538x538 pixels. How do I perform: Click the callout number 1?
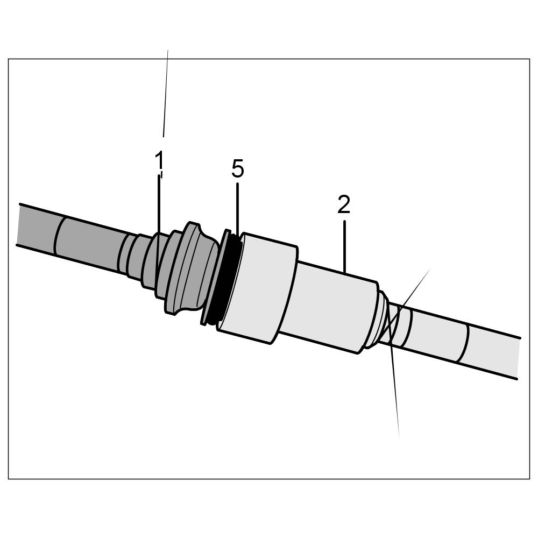(159, 160)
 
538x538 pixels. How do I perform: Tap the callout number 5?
(237, 169)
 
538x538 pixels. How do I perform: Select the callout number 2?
(344, 204)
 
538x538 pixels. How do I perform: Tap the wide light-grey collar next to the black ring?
(258, 288)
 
